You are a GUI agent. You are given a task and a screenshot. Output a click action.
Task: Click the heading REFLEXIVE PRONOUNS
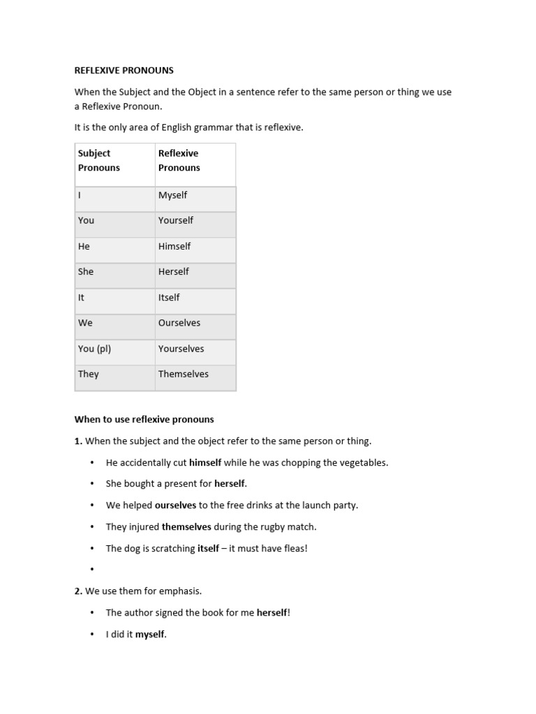point(124,70)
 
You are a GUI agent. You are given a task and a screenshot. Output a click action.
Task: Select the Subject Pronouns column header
point(99,160)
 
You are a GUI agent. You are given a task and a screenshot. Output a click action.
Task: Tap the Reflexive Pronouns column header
point(179,160)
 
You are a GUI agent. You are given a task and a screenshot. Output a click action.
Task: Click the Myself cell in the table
point(172,195)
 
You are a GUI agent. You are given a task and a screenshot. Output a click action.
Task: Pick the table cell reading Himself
point(174,246)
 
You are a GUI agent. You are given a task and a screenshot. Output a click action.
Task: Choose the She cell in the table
point(86,272)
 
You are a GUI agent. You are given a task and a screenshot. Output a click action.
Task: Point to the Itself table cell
point(169,298)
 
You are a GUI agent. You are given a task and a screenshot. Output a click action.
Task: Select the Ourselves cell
point(179,323)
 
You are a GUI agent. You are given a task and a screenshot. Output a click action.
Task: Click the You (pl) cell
point(95,349)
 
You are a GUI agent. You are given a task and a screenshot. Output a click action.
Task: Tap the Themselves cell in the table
point(184,374)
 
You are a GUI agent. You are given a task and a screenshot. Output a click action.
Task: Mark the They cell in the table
point(89,374)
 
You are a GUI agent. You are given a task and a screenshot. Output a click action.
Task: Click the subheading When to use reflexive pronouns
point(144,420)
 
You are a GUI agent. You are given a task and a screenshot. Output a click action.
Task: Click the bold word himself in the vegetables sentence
point(205,462)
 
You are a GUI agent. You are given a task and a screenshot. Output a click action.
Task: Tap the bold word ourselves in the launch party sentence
point(176,506)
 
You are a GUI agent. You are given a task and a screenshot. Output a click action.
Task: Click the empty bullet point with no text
point(92,570)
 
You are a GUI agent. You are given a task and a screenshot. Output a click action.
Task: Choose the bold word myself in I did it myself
point(150,635)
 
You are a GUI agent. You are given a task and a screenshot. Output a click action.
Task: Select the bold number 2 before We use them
point(78,591)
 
